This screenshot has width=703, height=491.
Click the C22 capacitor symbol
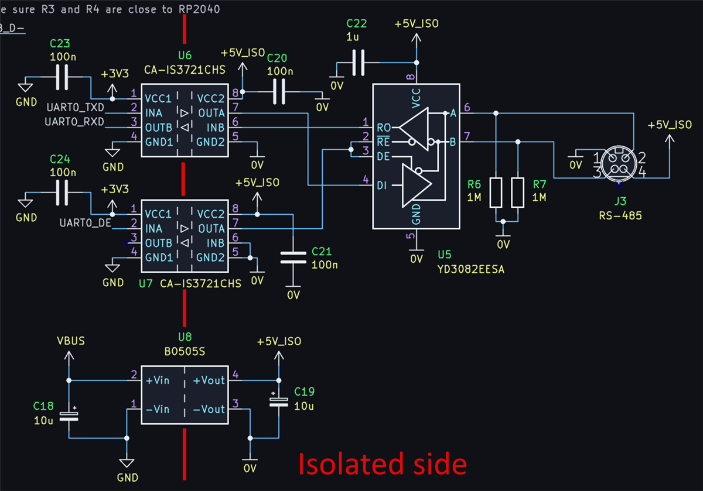coord(358,63)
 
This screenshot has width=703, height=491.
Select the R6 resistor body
coord(496,193)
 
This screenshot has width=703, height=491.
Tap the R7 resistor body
coord(517,193)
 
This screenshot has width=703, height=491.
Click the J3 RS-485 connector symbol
coord(619,163)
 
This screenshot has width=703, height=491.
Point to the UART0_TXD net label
coord(76,108)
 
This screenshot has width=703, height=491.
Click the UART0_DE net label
coord(86,223)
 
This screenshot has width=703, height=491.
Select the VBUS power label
coord(71,341)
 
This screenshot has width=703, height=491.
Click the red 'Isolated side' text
coord(383,464)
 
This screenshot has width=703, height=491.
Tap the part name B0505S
coord(185,352)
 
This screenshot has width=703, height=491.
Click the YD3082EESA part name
coord(471,269)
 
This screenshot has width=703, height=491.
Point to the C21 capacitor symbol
coord(293,257)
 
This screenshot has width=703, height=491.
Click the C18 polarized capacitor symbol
coord(69,416)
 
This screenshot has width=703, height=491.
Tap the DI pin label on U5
coord(381,186)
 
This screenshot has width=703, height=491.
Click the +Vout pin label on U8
coord(209,380)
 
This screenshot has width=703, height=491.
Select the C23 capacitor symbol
coord(62,77)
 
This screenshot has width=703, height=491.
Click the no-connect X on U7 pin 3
coord(126,243)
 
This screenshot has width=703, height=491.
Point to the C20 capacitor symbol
coord(279,91)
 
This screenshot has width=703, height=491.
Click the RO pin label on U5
coord(384,128)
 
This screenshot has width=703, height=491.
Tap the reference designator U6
coord(185,56)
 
